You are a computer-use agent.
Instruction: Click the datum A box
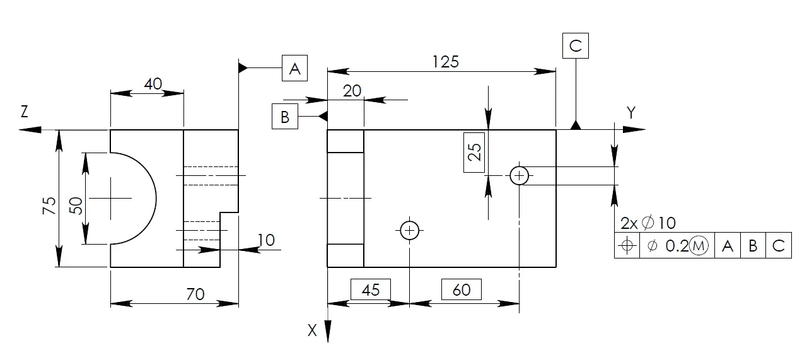[x=294, y=68]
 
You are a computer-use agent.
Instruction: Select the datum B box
[x=285, y=116]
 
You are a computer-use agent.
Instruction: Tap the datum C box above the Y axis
[x=576, y=46]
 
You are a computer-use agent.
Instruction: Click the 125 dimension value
[x=445, y=62]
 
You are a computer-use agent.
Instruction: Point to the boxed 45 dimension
[x=371, y=289]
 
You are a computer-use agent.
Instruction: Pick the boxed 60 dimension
[x=462, y=289]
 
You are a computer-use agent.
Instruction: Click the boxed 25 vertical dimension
[x=474, y=153]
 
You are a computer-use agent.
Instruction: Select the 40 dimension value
[x=153, y=84]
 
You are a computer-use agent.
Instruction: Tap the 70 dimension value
[x=195, y=294]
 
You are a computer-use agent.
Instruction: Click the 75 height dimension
[x=49, y=206]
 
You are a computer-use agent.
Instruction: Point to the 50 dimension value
[x=76, y=206]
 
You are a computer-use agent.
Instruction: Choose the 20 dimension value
[x=352, y=91]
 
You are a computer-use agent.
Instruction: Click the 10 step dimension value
[x=266, y=240]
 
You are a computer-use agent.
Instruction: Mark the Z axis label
[x=24, y=112]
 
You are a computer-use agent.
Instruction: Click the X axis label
[x=312, y=330]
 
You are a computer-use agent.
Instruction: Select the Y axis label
[x=631, y=113]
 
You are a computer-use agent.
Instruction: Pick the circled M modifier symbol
[x=699, y=246]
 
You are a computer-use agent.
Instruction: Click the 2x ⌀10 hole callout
[x=648, y=223]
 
